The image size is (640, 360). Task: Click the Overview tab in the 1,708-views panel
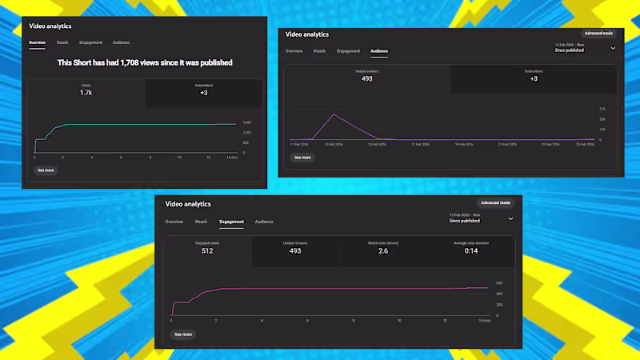[37, 42]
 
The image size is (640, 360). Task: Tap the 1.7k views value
[86, 93]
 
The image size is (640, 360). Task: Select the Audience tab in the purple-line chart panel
[378, 51]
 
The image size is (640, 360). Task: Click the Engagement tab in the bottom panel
[231, 222]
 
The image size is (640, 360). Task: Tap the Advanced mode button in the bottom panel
[494, 203]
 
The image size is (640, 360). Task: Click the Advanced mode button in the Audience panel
[598, 34]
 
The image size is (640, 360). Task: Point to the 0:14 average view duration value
[472, 251]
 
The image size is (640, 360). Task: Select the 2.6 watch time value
[384, 251]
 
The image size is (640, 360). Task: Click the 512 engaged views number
[207, 251]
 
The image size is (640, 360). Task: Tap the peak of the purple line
[334, 114]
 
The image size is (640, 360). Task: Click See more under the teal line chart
[46, 170]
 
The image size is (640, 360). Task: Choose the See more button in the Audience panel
[302, 158]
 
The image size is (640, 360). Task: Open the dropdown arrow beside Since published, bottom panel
[510, 218]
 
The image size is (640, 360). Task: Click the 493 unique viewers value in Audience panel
[366, 79]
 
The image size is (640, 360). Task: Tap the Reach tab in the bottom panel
[201, 222]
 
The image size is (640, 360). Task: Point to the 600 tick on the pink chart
[498, 283]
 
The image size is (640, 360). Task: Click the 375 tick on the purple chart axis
[602, 109]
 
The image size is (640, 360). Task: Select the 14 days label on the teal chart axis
[233, 158]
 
